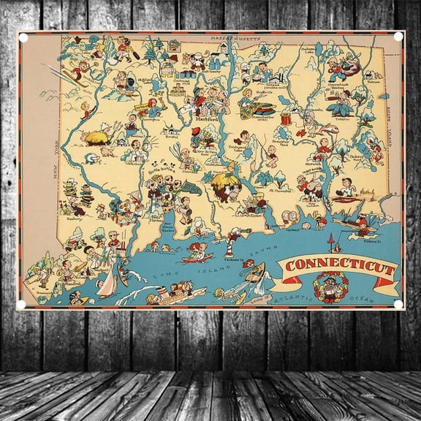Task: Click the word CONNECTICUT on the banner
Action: pyautogui.click(x=340, y=266)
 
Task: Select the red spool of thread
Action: pyautogui.click(x=287, y=118)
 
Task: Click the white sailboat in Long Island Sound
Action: pyautogui.click(x=107, y=284)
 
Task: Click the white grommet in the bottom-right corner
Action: pyautogui.click(x=398, y=304)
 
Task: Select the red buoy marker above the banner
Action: pyautogui.click(x=330, y=242)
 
